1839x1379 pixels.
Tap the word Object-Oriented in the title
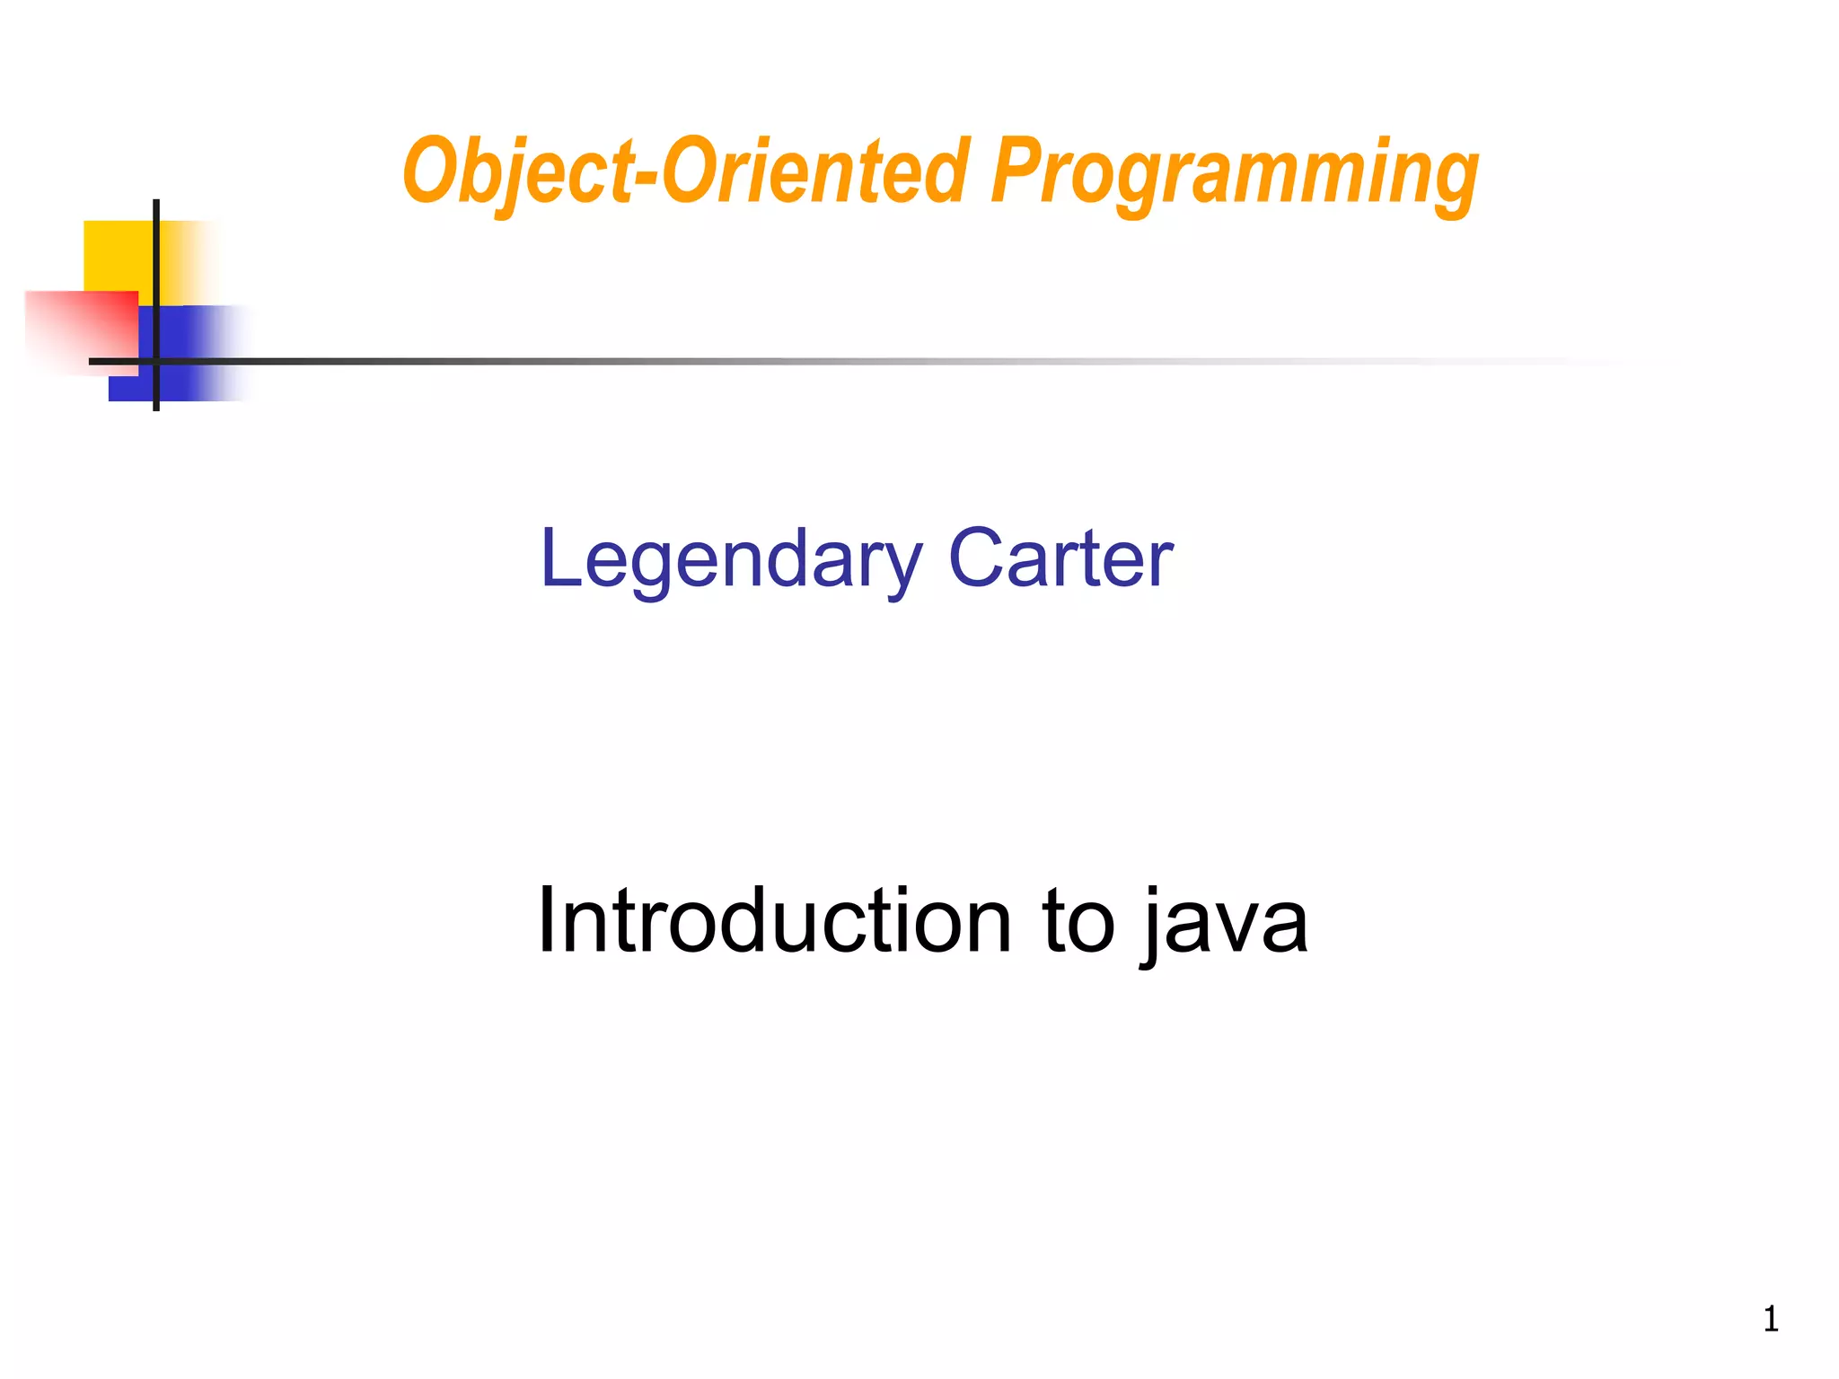[687, 172]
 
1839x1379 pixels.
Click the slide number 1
[1771, 1319]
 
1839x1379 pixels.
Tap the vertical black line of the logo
[156, 269]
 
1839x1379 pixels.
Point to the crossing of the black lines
[156, 361]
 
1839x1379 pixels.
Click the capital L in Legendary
[559, 558]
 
